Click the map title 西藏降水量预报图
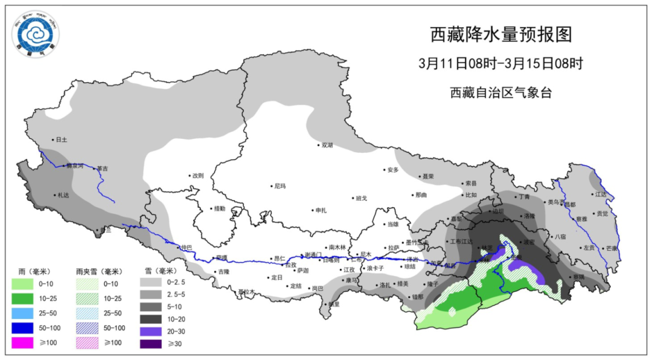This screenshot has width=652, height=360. pyautogui.click(x=500, y=35)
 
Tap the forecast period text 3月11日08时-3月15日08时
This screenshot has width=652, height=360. pyautogui.click(x=500, y=63)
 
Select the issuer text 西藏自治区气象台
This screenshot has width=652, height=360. pyautogui.click(x=500, y=92)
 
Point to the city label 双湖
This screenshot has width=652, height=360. pyautogui.click(x=327, y=145)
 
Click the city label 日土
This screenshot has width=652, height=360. pyautogui.click(x=61, y=140)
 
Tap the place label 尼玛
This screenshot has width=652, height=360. pyautogui.click(x=280, y=187)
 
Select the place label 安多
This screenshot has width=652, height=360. pyautogui.click(x=393, y=170)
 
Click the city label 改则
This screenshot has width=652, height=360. pyautogui.click(x=197, y=176)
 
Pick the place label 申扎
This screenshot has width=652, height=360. pyautogui.click(x=321, y=210)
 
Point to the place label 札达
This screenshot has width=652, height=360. pyautogui.click(x=63, y=195)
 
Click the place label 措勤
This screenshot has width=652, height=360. pyautogui.click(x=219, y=208)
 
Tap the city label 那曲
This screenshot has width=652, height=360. pyautogui.click(x=421, y=195)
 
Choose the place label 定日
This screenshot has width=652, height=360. pyautogui.click(x=276, y=277)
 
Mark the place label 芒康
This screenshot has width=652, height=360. pyautogui.click(x=611, y=248)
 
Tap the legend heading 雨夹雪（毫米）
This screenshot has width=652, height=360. pyautogui.click(x=99, y=272)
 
